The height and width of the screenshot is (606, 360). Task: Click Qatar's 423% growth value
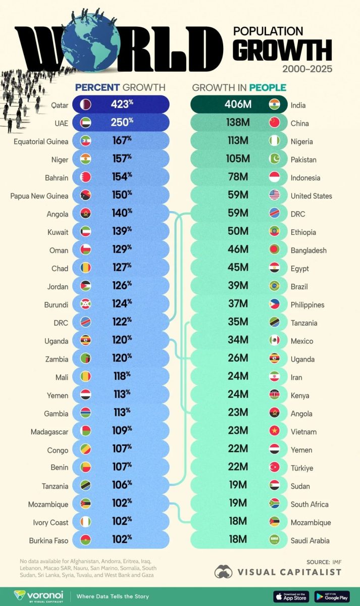[122, 105]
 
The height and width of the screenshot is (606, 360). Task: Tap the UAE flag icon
[85, 123]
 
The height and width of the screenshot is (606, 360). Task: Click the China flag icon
[275, 123]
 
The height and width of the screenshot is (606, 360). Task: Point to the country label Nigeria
[301, 141]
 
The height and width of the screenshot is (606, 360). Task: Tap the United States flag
[275, 195]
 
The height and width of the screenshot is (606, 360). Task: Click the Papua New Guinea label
[39, 196]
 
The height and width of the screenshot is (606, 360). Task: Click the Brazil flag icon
[275, 286]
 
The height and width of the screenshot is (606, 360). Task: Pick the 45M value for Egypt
[238, 268]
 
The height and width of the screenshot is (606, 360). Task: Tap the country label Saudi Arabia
[310, 540]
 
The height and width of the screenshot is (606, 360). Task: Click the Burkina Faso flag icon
[85, 540]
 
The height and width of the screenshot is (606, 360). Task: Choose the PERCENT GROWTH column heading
[120, 87]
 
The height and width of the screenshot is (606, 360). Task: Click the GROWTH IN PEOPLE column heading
[239, 87]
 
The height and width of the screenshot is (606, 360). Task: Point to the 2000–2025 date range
[307, 69]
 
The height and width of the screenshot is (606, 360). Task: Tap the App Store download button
[291, 596]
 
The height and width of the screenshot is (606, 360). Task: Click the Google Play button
[332, 596]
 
